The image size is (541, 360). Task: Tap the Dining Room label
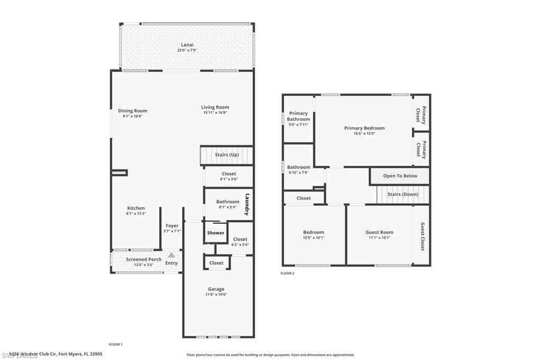click(132, 111)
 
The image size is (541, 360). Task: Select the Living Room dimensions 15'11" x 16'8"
click(216, 112)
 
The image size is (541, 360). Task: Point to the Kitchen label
click(136, 208)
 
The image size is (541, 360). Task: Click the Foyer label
click(172, 225)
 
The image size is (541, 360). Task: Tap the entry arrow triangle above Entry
click(171, 254)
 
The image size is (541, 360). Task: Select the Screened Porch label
click(144, 259)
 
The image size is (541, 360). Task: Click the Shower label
click(216, 233)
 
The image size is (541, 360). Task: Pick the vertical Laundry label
click(246, 205)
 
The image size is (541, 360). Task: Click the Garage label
click(216, 289)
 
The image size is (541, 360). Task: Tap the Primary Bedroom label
click(364, 128)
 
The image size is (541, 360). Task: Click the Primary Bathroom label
click(299, 116)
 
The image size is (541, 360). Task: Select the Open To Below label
click(400, 176)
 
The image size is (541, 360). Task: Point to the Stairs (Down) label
click(403, 194)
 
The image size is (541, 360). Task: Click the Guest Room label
click(379, 232)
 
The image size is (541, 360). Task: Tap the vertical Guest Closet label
click(422, 236)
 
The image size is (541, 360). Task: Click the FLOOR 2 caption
click(287, 273)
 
